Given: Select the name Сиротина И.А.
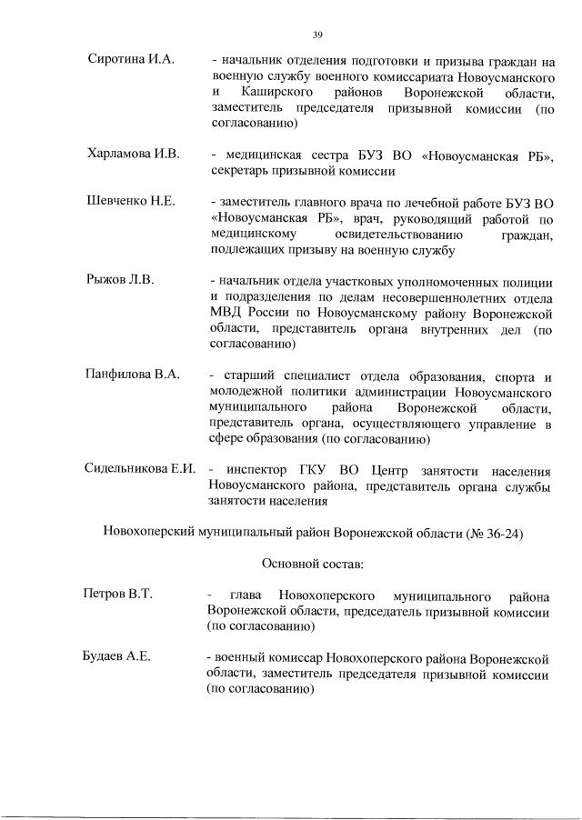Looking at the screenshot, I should [x=125, y=62].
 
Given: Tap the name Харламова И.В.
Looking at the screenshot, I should [x=133, y=155].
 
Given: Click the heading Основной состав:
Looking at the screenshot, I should [x=312, y=564].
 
